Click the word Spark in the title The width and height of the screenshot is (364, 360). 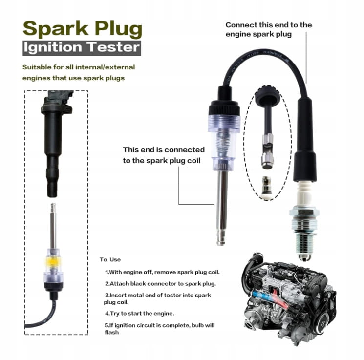(x=56, y=29)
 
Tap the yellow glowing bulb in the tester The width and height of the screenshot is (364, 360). (x=53, y=262)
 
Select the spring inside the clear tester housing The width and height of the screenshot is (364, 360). (x=223, y=142)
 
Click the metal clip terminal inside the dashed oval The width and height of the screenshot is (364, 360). (x=268, y=151)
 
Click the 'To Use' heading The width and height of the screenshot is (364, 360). (x=110, y=259)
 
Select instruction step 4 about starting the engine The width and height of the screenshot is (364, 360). (x=139, y=313)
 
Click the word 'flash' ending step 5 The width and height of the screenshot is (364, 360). (x=112, y=332)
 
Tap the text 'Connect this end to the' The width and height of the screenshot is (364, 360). (x=269, y=25)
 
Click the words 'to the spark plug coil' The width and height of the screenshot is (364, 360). (x=162, y=161)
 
